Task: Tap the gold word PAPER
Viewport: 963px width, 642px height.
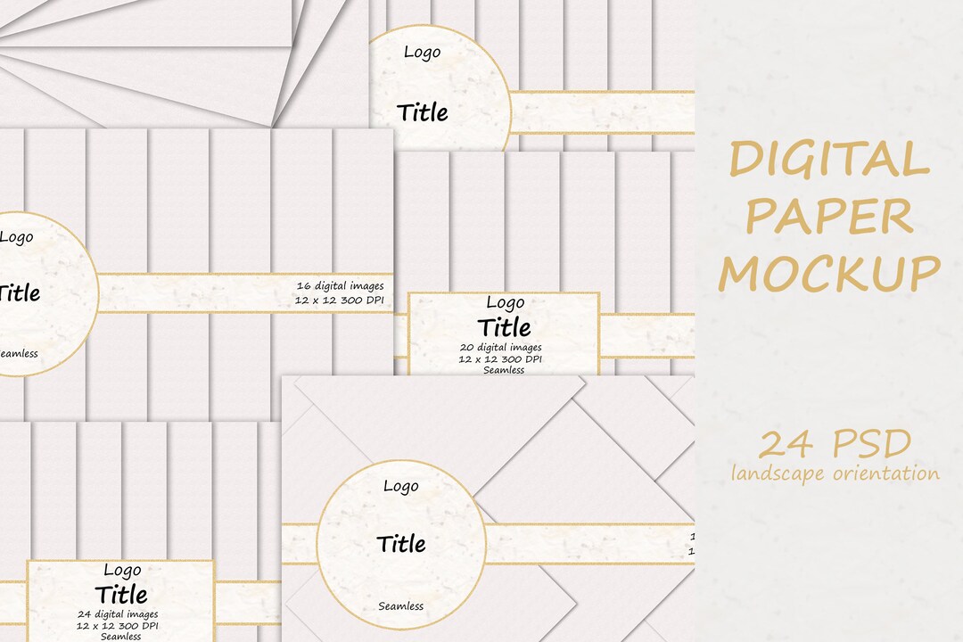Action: click(x=829, y=217)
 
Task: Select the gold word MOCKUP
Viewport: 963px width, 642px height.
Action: click(x=829, y=272)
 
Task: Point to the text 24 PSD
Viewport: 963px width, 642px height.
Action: click(x=835, y=443)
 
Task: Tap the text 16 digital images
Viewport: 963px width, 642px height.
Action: click(x=343, y=285)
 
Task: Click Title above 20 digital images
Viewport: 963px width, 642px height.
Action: click(x=505, y=326)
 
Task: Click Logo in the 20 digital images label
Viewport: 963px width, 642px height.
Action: click(x=505, y=303)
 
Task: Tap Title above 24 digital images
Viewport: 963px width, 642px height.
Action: click(x=121, y=594)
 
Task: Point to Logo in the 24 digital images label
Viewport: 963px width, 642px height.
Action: click(x=122, y=571)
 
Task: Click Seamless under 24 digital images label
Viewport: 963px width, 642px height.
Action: click(x=121, y=636)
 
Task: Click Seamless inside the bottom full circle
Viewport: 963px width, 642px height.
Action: click(x=401, y=606)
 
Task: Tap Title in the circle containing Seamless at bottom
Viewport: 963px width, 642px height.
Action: click(x=401, y=544)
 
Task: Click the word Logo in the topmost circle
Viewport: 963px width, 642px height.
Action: click(x=422, y=52)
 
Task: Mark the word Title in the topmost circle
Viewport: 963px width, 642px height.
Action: click(x=423, y=113)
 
